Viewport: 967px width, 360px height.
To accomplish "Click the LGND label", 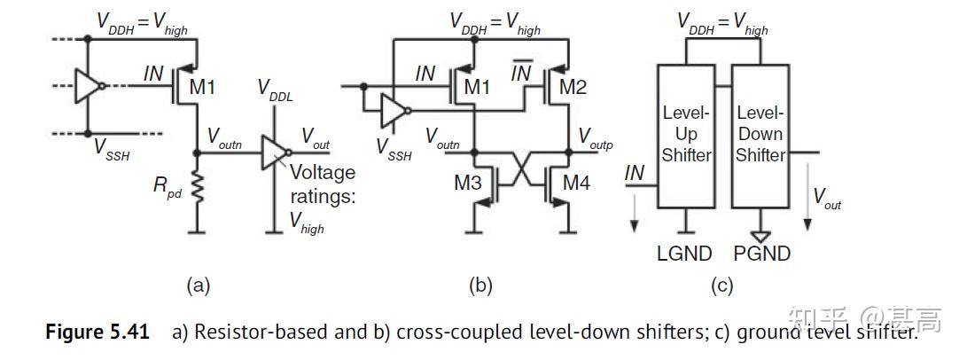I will (684, 254).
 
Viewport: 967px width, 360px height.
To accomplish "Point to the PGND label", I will (762, 254).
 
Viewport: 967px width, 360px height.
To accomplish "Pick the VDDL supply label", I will (275, 89).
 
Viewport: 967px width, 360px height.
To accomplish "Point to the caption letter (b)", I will (480, 286).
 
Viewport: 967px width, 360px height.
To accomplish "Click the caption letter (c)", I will (722, 286).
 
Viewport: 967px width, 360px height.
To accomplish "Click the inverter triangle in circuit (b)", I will (392, 110).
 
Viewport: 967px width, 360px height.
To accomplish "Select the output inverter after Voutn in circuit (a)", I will (274, 153).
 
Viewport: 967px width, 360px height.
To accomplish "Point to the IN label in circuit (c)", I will (635, 173).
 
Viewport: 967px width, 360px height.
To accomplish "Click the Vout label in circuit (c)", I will (827, 200).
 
